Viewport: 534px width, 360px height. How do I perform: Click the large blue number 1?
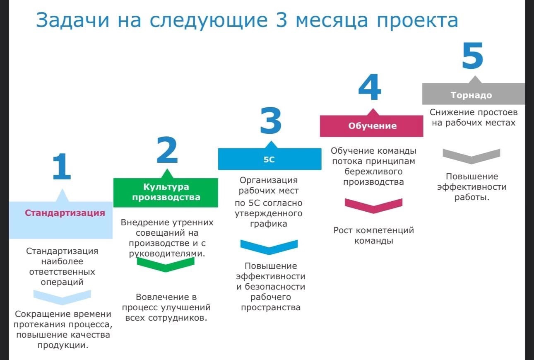(x=62, y=166)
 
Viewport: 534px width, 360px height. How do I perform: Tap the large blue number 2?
(x=167, y=150)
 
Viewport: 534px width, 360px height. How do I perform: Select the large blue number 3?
(x=271, y=120)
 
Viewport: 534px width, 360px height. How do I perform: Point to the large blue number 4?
(x=370, y=87)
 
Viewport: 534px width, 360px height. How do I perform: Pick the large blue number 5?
(x=472, y=56)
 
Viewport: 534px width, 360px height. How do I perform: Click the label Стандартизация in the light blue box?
(x=65, y=213)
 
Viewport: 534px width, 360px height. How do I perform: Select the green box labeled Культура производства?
(x=166, y=192)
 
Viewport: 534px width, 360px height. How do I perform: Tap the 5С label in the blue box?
(x=269, y=159)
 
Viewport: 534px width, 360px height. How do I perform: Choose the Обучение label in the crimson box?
(x=373, y=126)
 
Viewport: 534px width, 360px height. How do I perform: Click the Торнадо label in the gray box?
(x=471, y=95)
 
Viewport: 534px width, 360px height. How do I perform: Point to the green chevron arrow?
(x=166, y=264)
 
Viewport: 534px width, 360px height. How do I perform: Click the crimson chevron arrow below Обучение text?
(x=373, y=205)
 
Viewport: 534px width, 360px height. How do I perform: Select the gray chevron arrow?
(x=471, y=157)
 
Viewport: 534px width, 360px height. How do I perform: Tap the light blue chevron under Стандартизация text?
(x=62, y=297)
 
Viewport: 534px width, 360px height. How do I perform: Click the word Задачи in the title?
(x=72, y=20)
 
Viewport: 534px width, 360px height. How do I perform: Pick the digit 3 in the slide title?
(x=281, y=20)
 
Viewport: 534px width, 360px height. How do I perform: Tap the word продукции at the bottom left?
(x=63, y=345)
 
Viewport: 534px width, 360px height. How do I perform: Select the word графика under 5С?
(x=269, y=224)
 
